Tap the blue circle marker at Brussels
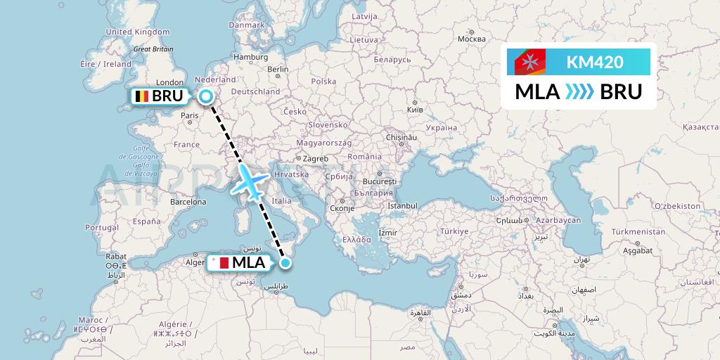point(206,97)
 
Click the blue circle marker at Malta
point(285,264)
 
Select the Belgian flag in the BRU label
point(142,97)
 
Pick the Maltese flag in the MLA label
point(220,264)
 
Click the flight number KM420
point(594,62)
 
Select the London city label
point(169,82)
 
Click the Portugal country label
point(102,228)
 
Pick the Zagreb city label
point(316,159)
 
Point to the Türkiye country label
point(454,231)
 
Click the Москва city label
point(472,39)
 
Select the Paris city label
point(190,116)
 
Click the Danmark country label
point(246,25)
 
